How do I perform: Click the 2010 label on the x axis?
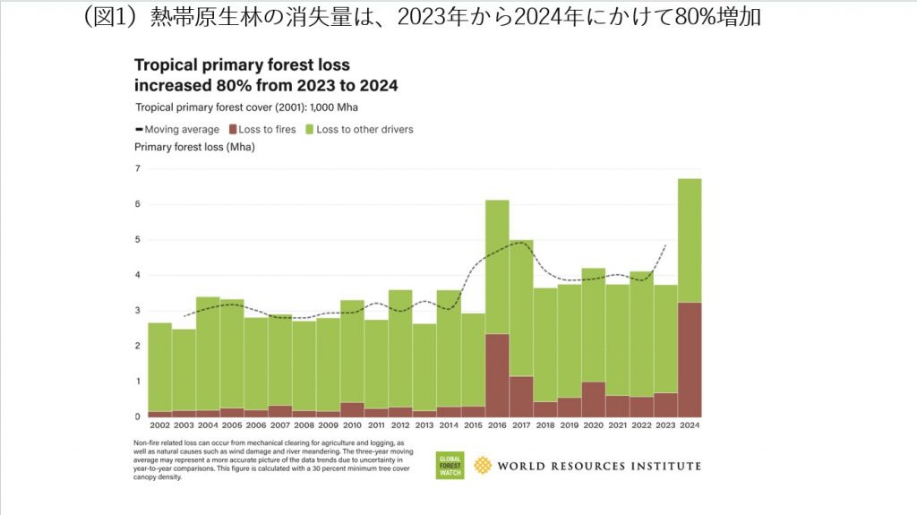pos(352,426)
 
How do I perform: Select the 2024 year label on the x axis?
pos(689,426)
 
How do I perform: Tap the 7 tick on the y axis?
pos(138,168)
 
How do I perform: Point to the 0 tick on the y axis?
pos(138,416)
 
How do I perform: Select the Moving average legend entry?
pos(176,130)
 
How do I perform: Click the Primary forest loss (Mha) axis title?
pos(194,146)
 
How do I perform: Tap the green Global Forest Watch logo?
pos(450,464)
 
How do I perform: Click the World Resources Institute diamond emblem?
pos(483,465)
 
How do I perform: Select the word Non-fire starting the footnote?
pos(150,443)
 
